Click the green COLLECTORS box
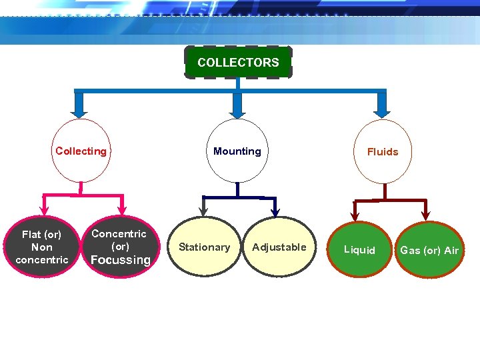pyautogui.click(x=238, y=63)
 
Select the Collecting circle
pyautogui.click(x=81, y=151)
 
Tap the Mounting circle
pyautogui.click(x=237, y=151)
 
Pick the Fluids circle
pyautogui.click(x=382, y=152)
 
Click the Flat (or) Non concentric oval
pyautogui.click(x=41, y=247)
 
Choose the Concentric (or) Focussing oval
pyautogui.click(x=120, y=247)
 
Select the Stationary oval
pyautogui.click(x=204, y=247)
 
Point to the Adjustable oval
pyautogui.click(x=279, y=247)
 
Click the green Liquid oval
pyautogui.click(x=359, y=250)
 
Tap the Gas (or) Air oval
pyautogui.click(x=429, y=250)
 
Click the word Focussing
pyautogui.click(x=120, y=260)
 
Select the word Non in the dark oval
pyautogui.click(x=41, y=247)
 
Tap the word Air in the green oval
pyautogui.click(x=451, y=251)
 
